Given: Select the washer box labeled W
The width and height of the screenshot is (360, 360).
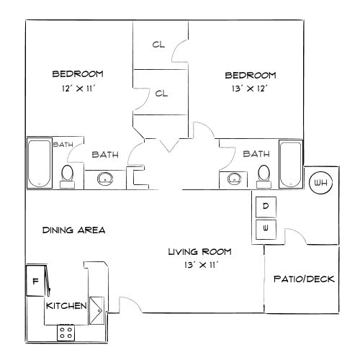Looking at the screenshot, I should pos(266,229).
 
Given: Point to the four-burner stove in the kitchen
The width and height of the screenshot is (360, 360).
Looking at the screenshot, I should pos(66,332).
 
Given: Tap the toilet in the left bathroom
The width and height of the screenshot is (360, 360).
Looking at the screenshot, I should pos(67,174).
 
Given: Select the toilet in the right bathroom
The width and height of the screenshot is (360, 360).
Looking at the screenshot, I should pos(264,174).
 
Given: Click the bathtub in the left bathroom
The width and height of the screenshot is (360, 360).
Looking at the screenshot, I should pos(38,163).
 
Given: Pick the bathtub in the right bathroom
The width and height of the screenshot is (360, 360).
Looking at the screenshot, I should pos(290,163).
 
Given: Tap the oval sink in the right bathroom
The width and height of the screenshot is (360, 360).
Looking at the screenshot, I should pos(233,178).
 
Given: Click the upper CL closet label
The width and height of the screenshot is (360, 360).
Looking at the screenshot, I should pos(158,45).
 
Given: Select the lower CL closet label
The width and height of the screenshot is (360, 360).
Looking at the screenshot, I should pos(161,93).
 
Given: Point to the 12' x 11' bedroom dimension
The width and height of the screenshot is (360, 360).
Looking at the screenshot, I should pos(77,89).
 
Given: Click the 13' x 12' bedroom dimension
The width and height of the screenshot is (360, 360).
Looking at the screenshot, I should pos(251,89).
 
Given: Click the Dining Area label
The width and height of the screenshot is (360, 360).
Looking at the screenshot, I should pos(74,230).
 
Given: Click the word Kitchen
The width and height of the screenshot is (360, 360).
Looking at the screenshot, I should pos(67,306).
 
